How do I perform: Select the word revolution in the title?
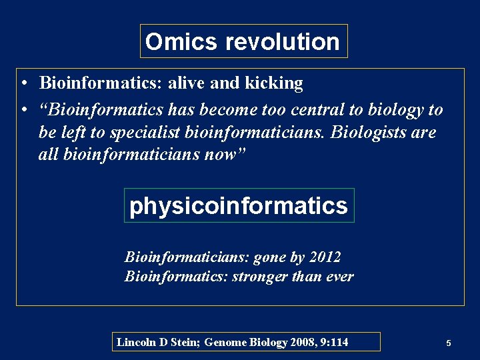(x=282, y=42)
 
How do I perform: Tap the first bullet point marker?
(x=23, y=84)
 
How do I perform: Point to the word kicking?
(x=273, y=83)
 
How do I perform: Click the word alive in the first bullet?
(x=187, y=83)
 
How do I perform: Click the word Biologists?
(x=369, y=132)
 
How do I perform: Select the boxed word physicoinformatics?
(x=239, y=205)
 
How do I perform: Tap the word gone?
(x=269, y=257)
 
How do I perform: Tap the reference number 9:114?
(x=333, y=342)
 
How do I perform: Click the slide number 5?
(x=449, y=343)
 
